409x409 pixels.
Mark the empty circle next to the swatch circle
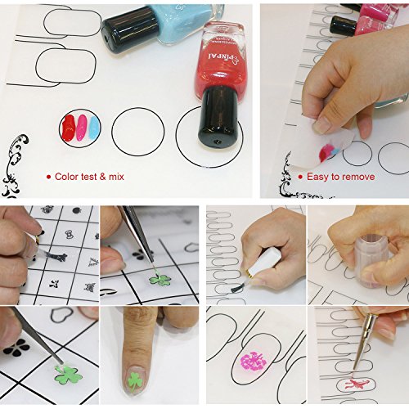pos(137,131)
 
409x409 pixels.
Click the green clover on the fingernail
pos(135,380)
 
